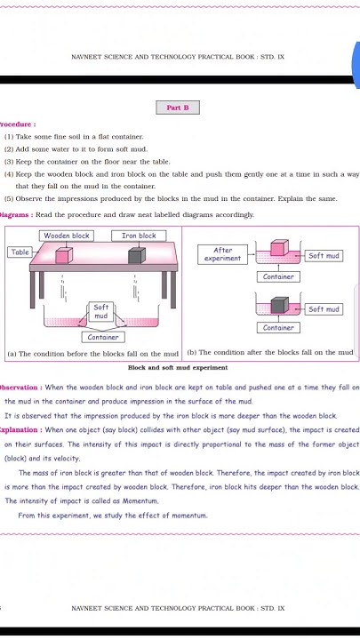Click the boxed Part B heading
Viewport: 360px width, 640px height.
pos(178,108)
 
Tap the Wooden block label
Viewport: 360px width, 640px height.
pos(68,236)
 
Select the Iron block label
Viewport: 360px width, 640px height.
pos(139,236)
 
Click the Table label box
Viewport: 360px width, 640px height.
pos(20,252)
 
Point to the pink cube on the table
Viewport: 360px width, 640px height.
pos(64,256)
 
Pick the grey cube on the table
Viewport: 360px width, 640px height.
pos(136,256)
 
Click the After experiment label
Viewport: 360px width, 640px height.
pos(222,254)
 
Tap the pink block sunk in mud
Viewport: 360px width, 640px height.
pos(278,251)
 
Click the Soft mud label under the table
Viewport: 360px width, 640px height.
pos(100,311)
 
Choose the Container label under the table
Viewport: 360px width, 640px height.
pos(103,337)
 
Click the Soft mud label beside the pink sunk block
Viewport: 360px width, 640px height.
pos(324,255)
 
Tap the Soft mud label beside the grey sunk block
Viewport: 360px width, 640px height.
pos(324,309)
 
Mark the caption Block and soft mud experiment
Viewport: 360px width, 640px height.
pos(178,367)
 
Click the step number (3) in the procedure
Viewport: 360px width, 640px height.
pos(9,162)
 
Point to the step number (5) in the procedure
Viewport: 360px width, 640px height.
pos(9,199)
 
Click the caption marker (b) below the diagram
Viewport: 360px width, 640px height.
pos(192,353)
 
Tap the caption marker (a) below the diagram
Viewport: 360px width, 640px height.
pos(12,353)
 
